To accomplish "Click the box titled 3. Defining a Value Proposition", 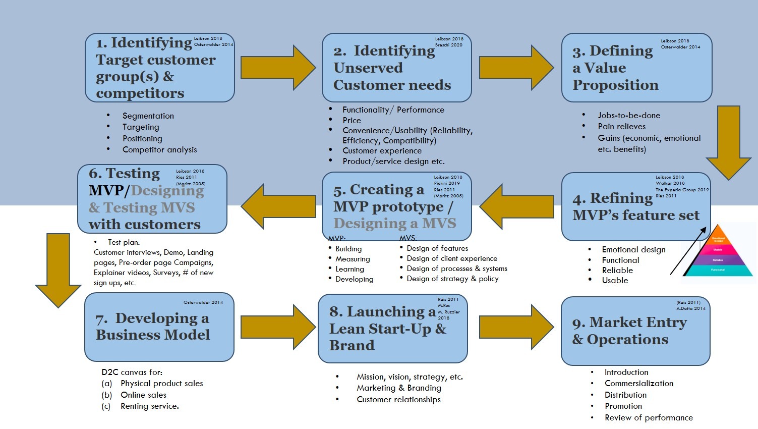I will pos(636,68).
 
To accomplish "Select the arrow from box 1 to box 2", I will pos(277,68).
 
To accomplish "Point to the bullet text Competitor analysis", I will pos(159,150).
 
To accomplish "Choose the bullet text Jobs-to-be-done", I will pos(629,116).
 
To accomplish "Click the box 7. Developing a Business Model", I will pos(159,327).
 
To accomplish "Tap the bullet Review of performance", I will pos(649,418).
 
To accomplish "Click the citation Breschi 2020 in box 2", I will pos(449,45).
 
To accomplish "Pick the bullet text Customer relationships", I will pos(398,400).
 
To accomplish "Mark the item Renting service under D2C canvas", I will pos(149,406).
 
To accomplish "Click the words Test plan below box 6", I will pos(124,242).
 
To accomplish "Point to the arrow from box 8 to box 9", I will pos(516,327).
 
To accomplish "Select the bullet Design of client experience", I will pos(452,258).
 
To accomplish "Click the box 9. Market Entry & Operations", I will pos(635,331).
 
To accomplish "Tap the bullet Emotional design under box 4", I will pos(633,250).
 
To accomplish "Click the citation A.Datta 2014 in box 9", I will pos(691,308).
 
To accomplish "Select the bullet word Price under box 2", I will pos(352,121).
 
